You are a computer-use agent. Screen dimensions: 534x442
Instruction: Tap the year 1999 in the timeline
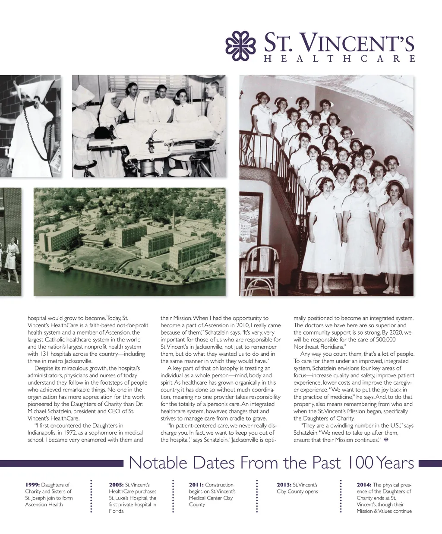(32, 485)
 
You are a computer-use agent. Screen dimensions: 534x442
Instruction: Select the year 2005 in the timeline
(117, 485)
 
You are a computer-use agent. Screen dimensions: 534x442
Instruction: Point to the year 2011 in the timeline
(196, 485)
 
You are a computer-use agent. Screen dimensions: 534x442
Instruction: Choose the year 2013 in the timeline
(284, 485)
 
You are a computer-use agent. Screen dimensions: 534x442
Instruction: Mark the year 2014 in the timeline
(364, 485)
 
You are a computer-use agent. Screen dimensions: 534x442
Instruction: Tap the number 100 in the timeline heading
(361, 463)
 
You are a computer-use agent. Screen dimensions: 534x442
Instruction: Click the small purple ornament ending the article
(386, 440)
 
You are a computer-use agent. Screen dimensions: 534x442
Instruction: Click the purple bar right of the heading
(430, 463)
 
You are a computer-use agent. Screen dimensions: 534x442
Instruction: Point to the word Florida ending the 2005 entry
(117, 511)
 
